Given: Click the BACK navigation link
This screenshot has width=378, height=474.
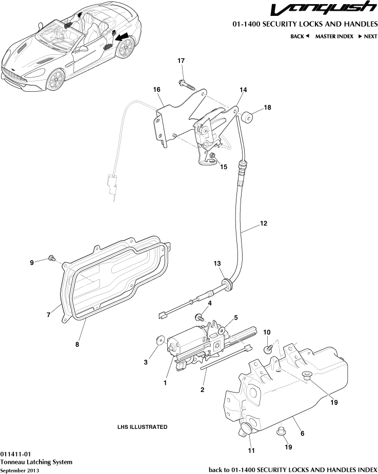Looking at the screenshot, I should (300, 36).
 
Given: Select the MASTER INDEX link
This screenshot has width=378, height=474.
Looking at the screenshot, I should (334, 36).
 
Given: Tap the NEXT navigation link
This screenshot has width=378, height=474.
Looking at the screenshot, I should (368, 36).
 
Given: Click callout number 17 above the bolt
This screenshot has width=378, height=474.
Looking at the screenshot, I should (181, 61).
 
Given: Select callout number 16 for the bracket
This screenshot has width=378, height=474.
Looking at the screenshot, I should (156, 89).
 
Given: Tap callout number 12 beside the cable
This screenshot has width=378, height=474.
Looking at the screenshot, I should (264, 223).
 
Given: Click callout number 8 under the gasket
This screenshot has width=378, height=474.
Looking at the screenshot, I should (77, 344).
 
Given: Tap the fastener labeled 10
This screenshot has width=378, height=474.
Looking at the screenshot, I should (268, 349).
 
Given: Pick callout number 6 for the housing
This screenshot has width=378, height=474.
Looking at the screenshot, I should (302, 434).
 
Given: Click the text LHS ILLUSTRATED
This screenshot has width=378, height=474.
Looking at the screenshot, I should (142, 427).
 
